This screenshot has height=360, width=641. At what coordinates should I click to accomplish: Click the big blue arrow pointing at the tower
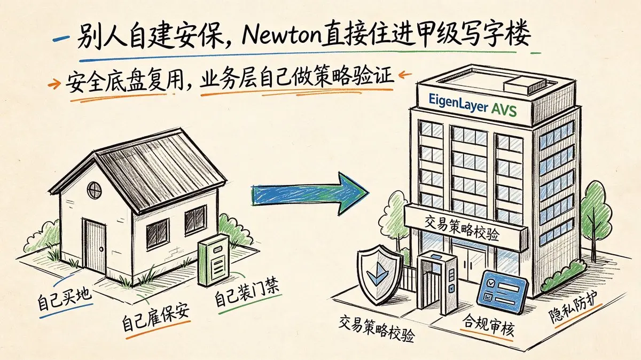coord(310,194)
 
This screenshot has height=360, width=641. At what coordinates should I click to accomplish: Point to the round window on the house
coord(94,190)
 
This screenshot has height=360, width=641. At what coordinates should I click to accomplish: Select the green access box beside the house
coord(214,260)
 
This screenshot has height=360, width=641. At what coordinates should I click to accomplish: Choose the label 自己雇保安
coord(155,318)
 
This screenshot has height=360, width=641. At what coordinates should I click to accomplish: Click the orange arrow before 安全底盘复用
coord(54,83)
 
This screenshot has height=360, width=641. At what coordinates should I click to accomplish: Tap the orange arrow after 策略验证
coord(405,75)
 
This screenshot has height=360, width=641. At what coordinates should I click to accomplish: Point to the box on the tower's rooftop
coord(521,85)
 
